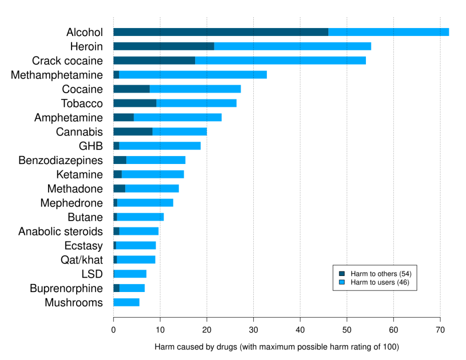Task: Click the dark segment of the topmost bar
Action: tap(220, 32)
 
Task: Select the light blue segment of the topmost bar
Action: tap(388, 32)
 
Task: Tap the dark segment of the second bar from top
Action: tap(163, 46)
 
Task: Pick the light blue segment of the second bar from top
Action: tap(292, 46)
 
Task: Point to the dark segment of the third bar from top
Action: tap(154, 60)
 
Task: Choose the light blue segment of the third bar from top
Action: tap(280, 60)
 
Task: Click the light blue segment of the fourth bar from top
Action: tap(193, 74)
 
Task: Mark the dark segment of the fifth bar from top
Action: tap(131, 89)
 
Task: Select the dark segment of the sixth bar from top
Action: tap(134, 103)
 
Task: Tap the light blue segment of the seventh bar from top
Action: tap(177, 117)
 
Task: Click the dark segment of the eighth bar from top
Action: tap(133, 131)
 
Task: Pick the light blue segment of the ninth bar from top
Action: tap(160, 145)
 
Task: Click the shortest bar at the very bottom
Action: tap(127, 302)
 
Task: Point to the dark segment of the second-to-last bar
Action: tap(116, 288)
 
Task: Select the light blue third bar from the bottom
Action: tap(131, 274)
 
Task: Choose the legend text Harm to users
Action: tap(373, 282)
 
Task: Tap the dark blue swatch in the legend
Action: tap(342, 274)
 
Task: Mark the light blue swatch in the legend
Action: tap(342, 282)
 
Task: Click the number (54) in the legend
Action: tap(405, 274)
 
